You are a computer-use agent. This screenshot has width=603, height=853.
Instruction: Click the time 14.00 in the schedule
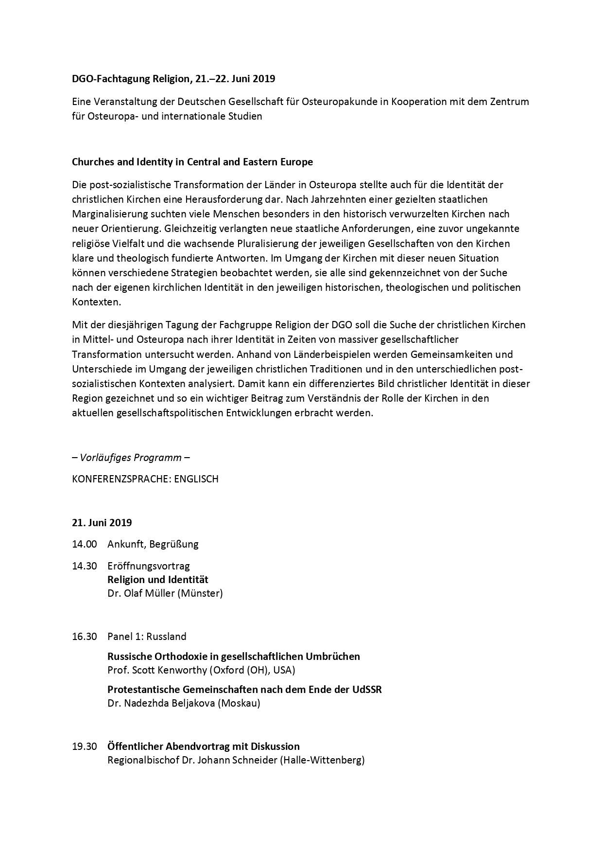[x=85, y=544]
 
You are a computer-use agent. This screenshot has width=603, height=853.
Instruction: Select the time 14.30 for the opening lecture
[x=85, y=566]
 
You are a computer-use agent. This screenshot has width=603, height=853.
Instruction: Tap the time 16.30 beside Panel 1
[x=85, y=636]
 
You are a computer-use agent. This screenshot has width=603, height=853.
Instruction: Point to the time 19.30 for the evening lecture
[x=85, y=746]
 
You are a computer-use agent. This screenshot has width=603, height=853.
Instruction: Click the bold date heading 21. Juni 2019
[x=102, y=523]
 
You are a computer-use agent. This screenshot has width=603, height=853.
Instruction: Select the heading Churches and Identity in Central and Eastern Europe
[x=192, y=162]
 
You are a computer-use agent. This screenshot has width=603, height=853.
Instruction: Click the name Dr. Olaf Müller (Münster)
[x=165, y=593]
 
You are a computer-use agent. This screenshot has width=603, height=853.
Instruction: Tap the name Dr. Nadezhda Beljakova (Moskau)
[x=184, y=703]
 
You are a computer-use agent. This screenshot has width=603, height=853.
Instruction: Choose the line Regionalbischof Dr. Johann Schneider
[x=236, y=760]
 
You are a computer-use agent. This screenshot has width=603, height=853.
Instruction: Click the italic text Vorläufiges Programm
[x=131, y=458]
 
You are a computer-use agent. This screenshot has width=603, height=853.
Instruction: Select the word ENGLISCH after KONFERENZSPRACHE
[x=196, y=479]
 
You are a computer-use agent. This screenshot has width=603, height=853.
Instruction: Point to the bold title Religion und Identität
[x=158, y=580]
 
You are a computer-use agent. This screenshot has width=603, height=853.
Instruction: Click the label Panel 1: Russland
[x=147, y=636]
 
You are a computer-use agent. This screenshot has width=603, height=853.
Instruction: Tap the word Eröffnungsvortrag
[x=149, y=566]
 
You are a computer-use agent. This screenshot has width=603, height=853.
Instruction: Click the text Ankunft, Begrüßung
[x=153, y=544]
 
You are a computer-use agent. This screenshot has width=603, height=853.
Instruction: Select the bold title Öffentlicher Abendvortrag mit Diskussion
[x=204, y=746]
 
